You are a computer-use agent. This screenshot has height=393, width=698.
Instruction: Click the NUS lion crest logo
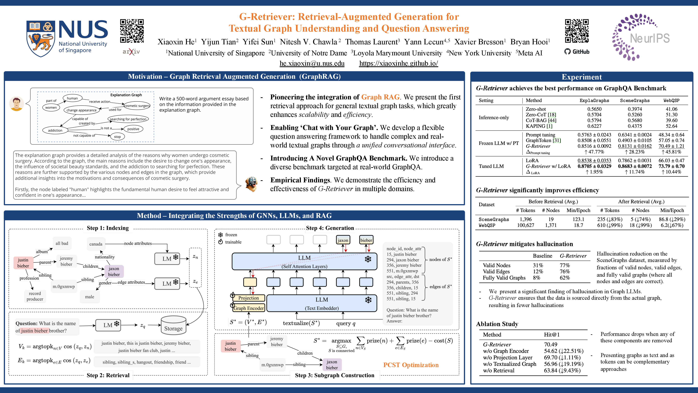41,38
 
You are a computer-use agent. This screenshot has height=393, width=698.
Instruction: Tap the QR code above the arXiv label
132,31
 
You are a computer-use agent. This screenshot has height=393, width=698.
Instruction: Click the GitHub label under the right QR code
577,52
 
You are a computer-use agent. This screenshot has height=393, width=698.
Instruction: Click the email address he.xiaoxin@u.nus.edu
312,63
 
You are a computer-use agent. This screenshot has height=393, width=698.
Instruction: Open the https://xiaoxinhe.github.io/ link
398,63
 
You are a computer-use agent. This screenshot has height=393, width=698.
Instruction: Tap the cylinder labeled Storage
173,325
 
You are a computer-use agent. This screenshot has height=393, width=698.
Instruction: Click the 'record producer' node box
35,296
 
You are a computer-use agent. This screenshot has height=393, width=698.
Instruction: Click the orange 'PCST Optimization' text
411,365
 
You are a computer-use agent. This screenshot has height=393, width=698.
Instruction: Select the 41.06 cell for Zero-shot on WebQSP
671,109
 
